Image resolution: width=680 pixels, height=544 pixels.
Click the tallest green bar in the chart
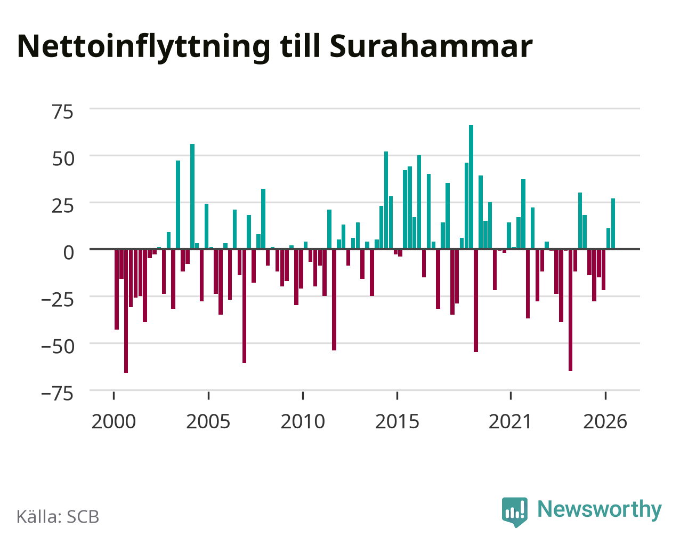[x=471, y=187]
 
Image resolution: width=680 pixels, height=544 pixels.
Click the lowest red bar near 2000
[x=126, y=311]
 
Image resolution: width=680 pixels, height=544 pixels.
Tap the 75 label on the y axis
[x=62, y=113]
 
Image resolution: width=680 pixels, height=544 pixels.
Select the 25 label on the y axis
[x=62, y=206]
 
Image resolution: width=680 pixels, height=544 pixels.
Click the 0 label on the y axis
[x=69, y=253]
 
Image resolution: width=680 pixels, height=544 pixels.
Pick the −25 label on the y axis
[x=58, y=300]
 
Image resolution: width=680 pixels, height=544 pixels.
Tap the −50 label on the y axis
[x=58, y=347]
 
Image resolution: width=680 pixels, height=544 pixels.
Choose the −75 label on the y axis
[x=58, y=394]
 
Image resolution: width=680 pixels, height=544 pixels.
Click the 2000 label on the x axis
[x=114, y=422]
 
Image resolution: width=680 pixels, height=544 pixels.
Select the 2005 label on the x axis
[x=208, y=422]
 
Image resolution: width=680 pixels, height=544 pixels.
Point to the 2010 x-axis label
[x=303, y=422]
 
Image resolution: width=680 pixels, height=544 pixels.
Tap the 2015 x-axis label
[x=397, y=422]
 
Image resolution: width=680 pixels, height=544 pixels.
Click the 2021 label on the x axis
[x=511, y=422]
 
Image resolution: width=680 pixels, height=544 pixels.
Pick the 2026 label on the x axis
[x=605, y=422]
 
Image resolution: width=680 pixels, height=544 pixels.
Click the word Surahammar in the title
[x=431, y=46]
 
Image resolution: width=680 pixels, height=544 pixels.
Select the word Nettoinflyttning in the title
[x=143, y=47]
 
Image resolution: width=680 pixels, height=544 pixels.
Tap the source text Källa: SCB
[x=58, y=517]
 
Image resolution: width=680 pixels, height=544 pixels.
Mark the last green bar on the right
[x=613, y=223]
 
